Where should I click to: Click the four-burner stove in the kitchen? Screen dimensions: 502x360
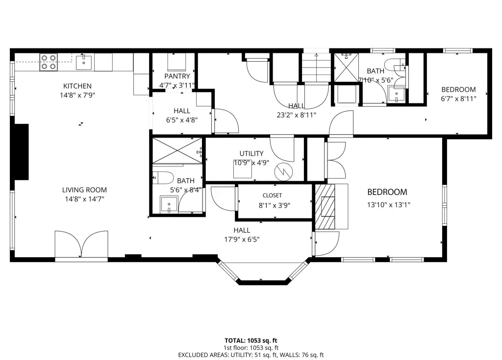(x=49, y=62)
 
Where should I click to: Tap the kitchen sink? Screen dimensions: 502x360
(x=84, y=63)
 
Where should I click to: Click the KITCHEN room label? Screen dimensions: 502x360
(x=77, y=86)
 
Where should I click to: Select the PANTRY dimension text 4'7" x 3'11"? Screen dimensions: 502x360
(x=177, y=85)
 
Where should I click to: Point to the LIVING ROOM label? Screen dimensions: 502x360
(x=84, y=190)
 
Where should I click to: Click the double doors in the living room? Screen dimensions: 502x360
(x=81, y=244)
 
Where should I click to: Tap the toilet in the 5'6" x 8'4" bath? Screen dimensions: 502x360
(x=163, y=178)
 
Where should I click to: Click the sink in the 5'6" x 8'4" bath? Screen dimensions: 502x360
(x=169, y=204)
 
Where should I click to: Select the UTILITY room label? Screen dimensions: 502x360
(x=251, y=154)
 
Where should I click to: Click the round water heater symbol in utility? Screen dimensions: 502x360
(x=284, y=172)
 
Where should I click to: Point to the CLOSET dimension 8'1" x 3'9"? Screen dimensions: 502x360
(x=275, y=205)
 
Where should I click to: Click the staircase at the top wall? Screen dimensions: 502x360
(x=316, y=67)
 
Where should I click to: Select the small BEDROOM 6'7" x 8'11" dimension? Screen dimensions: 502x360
(x=458, y=99)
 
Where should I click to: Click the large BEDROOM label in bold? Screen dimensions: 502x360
(x=387, y=192)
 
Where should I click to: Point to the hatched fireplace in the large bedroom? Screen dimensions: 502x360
(x=325, y=206)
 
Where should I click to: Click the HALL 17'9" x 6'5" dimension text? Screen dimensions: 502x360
(x=242, y=240)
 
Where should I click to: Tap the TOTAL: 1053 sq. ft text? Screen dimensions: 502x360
(x=251, y=340)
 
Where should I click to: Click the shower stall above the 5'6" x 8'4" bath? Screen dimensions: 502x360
(x=177, y=150)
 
